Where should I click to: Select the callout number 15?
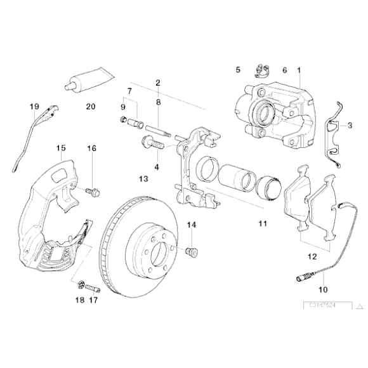tap(61, 148)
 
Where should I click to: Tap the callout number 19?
tap(34, 107)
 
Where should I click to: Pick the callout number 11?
tap(263, 224)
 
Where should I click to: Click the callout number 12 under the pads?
tap(311, 257)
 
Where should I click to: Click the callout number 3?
tap(349, 126)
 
